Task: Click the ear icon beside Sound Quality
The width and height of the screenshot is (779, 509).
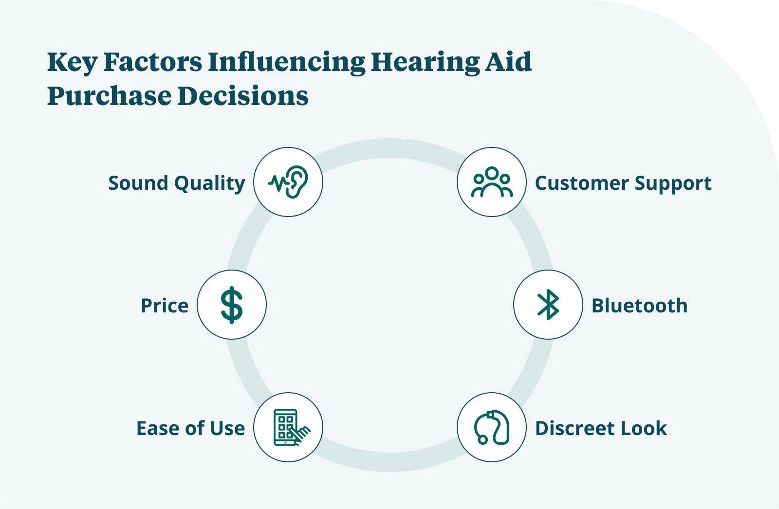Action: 288,182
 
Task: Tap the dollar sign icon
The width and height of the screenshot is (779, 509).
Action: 232,305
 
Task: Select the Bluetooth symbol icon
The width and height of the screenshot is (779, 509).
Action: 548,305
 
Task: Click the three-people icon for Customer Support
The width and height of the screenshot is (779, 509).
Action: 491,182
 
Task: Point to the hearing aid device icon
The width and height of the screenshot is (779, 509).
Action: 491,427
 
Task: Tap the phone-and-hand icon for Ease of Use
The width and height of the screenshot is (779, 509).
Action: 288,427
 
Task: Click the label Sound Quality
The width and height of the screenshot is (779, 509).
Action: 176,183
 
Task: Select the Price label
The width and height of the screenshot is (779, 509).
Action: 164,306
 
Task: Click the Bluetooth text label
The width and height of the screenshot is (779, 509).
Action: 639,306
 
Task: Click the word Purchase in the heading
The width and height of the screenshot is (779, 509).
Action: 109,96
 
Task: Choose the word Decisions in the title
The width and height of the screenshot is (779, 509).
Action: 243,96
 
